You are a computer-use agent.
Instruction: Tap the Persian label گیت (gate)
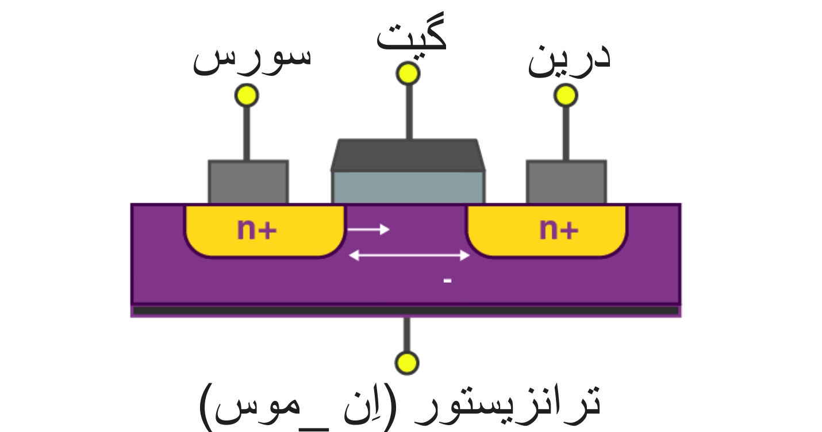[412, 39]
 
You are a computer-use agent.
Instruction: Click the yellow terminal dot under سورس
[247, 95]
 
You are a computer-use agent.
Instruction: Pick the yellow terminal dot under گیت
[408, 74]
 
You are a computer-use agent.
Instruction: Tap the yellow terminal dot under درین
[566, 95]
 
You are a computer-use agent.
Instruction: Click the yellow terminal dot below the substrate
[407, 363]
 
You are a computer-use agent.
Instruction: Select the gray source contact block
[248, 182]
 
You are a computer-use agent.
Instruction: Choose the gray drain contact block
[566, 182]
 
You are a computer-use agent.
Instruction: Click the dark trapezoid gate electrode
[408, 156]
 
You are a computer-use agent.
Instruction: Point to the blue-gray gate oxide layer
[408, 187]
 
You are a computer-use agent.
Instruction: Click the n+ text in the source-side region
[257, 230]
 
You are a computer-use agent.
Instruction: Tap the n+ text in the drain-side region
[559, 230]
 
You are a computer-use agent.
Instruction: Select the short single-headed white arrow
[368, 229]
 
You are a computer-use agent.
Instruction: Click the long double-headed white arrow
[409, 255]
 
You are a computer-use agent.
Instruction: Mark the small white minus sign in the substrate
[448, 281]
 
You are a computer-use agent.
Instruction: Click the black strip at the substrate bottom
[406, 311]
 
